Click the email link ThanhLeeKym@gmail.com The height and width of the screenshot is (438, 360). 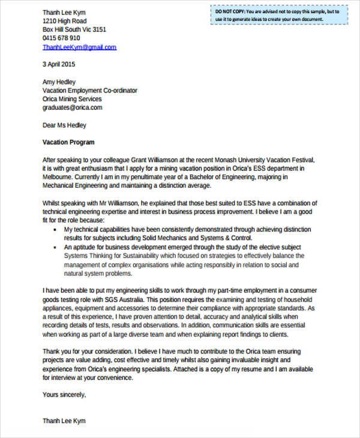click(79, 47)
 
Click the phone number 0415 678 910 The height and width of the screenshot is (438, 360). click(61, 38)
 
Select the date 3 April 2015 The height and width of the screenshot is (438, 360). click(59, 64)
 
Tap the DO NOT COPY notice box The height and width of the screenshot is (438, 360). click(279, 15)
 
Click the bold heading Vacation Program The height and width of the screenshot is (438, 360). click(68, 143)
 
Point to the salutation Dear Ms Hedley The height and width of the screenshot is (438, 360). click(64, 125)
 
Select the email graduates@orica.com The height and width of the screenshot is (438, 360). click(72, 108)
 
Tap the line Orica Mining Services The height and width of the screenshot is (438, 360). click(72, 99)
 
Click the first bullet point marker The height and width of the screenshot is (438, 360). click(55, 230)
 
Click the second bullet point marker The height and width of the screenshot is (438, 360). click(55, 247)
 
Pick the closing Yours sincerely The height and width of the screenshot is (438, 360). click(64, 395)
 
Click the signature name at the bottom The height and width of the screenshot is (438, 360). click(64, 421)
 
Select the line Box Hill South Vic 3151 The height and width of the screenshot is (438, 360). click(74, 29)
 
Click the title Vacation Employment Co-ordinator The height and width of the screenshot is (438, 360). click(90, 91)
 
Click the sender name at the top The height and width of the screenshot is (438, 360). click(64, 12)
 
